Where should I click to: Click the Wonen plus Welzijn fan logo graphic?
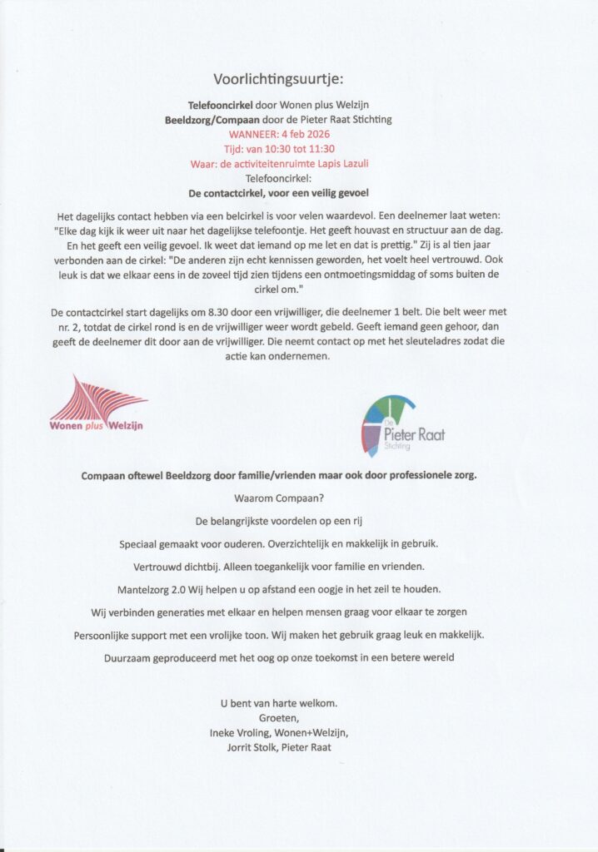tap(97, 398)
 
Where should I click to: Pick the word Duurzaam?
tap(128, 657)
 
